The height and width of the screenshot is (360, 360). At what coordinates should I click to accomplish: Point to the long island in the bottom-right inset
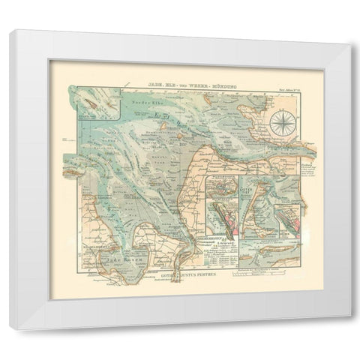[261, 253]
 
